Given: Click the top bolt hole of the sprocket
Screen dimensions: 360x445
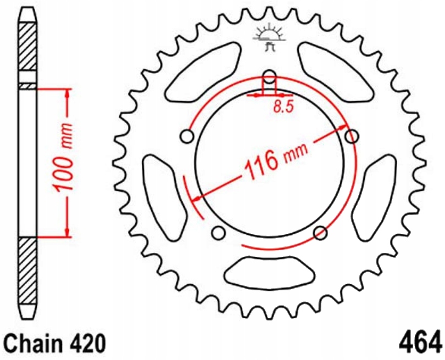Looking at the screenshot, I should (x=270, y=76).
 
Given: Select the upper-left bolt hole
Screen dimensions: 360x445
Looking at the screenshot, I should (x=187, y=135).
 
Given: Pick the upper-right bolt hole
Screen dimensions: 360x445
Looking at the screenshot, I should (x=352, y=135).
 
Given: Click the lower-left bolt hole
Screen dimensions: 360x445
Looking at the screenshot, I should (x=219, y=233).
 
